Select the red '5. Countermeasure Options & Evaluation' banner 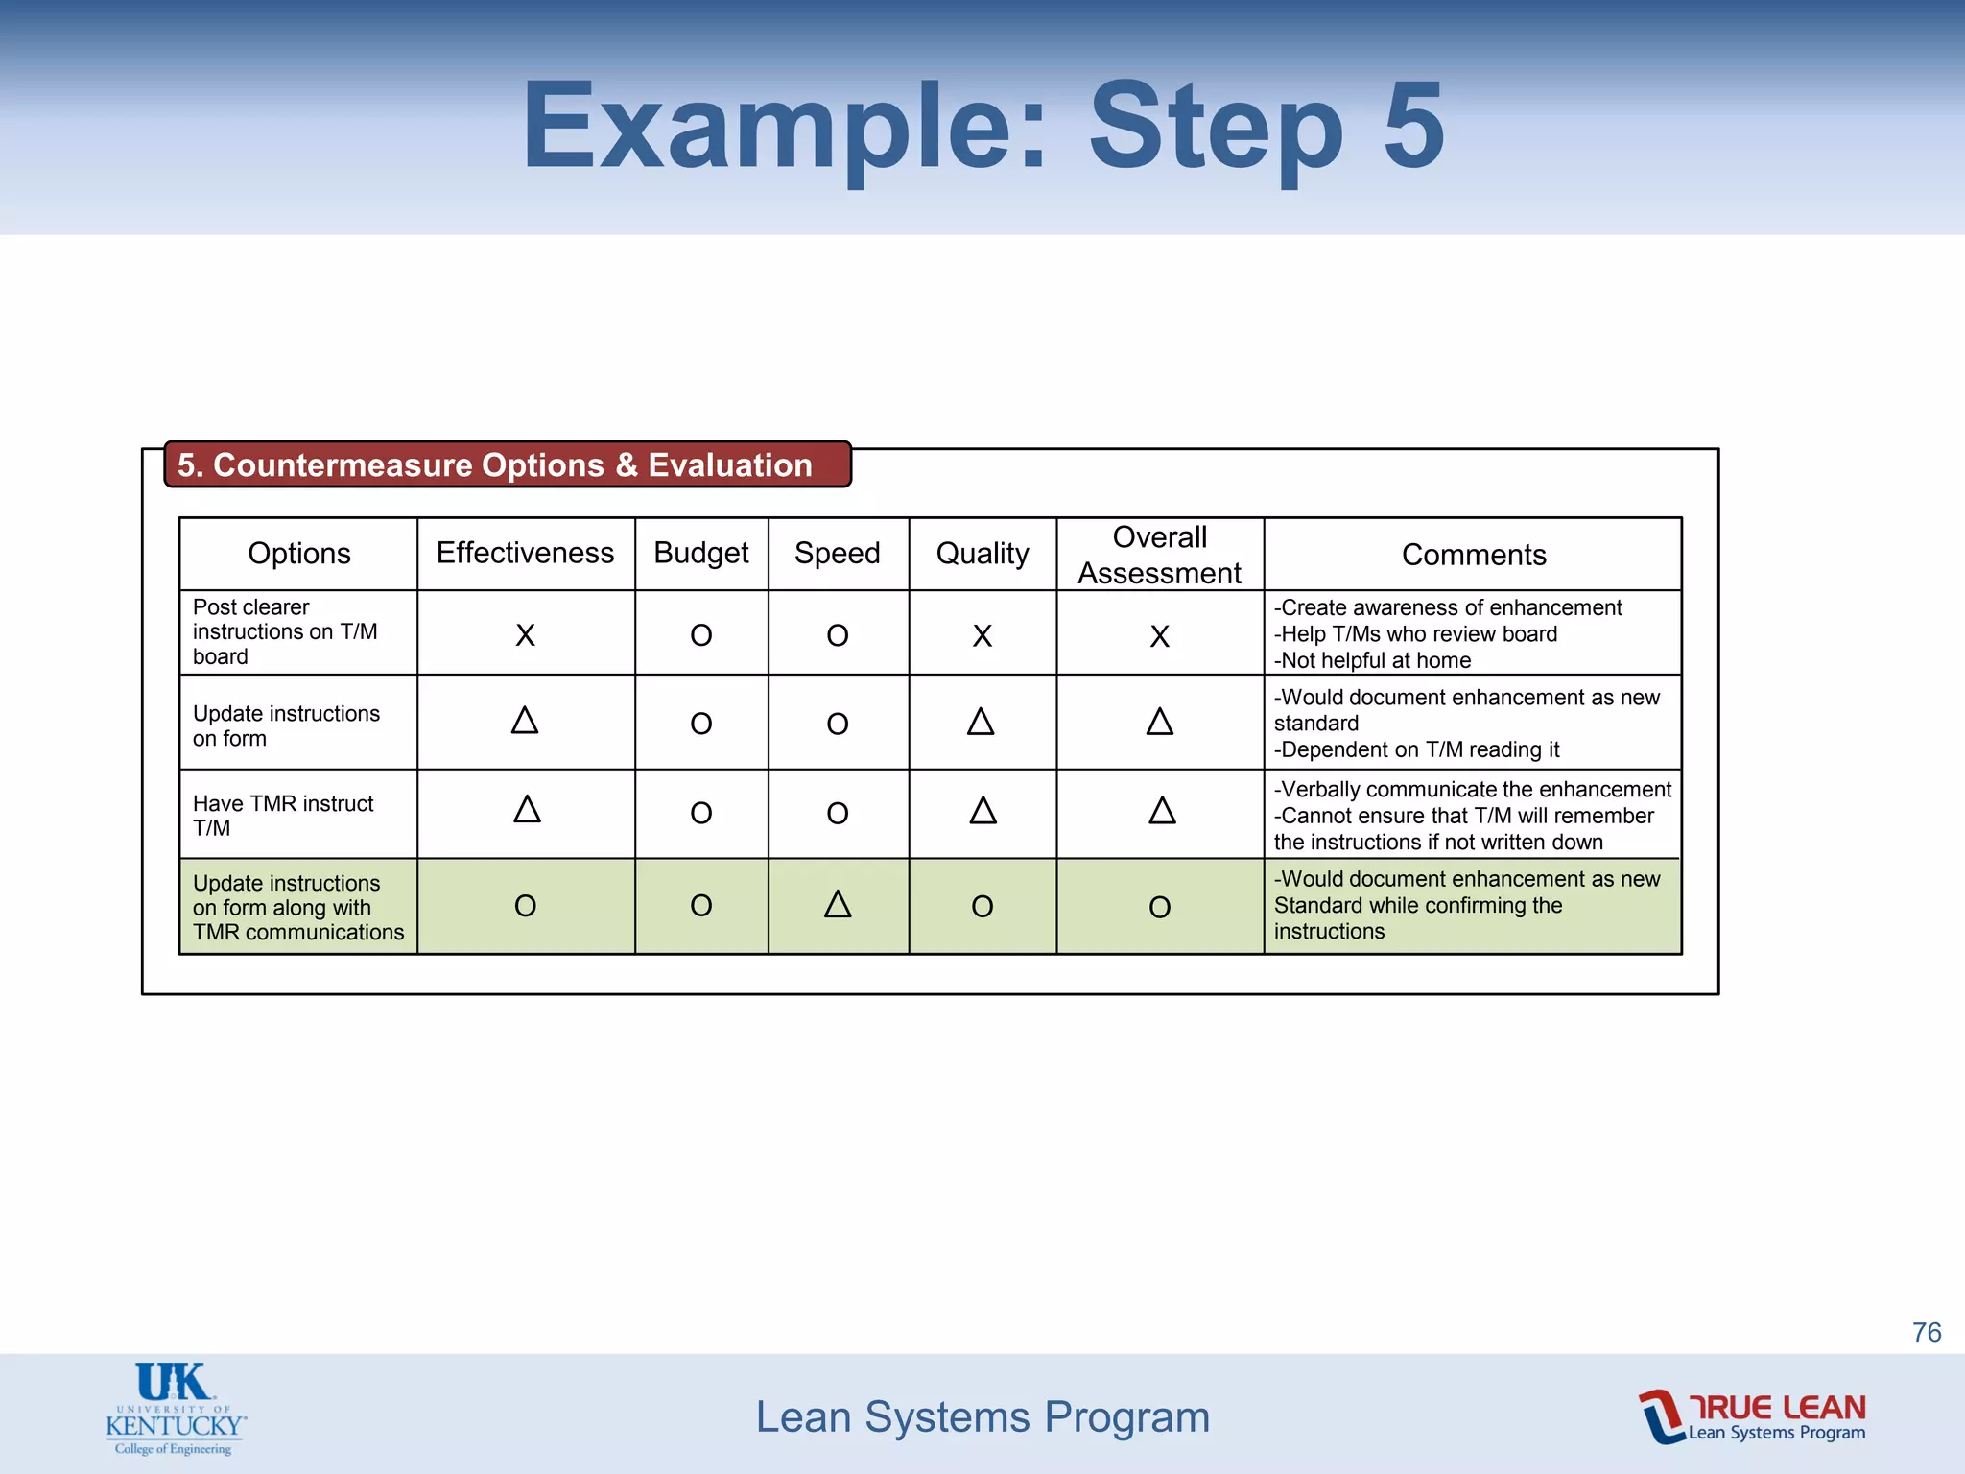click(x=507, y=464)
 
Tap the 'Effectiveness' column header click(x=525, y=553)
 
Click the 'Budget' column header click(x=701, y=553)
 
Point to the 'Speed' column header click(x=838, y=553)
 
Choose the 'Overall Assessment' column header click(x=1159, y=555)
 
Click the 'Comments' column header click(x=1474, y=555)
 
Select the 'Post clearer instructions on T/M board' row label click(x=285, y=631)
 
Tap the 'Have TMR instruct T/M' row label click(x=283, y=816)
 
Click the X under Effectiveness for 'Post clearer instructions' click(x=525, y=635)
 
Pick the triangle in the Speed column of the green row click(x=838, y=904)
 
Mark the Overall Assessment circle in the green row click(x=1159, y=907)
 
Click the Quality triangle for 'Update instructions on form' click(x=981, y=722)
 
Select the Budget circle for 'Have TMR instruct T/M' click(x=701, y=814)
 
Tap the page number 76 click(x=1927, y=1332)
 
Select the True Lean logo click(x=1752, y=1416)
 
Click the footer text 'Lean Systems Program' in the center click(x=982, y=1417)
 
